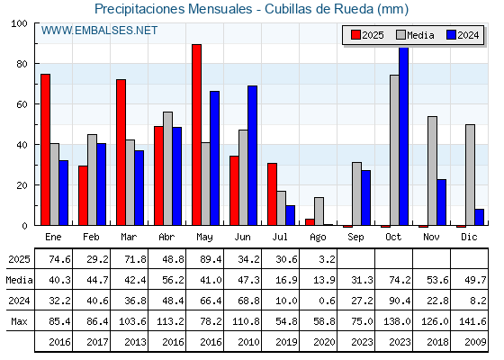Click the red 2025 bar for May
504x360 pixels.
[x=197, y=135]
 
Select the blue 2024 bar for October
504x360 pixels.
[x=404, y=136]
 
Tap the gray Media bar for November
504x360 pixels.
[x=432, y=171]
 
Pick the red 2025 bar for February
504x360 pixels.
[x=83, y=195]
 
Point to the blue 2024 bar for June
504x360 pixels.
[x=252, y=156]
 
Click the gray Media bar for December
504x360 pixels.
[x=470, y=175]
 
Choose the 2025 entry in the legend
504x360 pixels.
[x=367, y=35]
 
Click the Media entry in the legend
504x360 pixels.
[x=415, y=35]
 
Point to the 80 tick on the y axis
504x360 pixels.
[x=22, y=64]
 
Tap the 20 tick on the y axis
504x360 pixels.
[x=22, y=185]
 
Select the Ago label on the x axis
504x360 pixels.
[x=318, y=238]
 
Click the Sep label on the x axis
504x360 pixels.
[x=355, y=238]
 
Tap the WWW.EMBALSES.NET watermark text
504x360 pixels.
[x=99, y=31]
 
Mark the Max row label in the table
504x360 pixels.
[x=19, y=321]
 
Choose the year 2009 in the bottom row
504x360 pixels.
[x=475, y=342]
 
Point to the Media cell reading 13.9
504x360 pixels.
[x=324, y=280]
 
